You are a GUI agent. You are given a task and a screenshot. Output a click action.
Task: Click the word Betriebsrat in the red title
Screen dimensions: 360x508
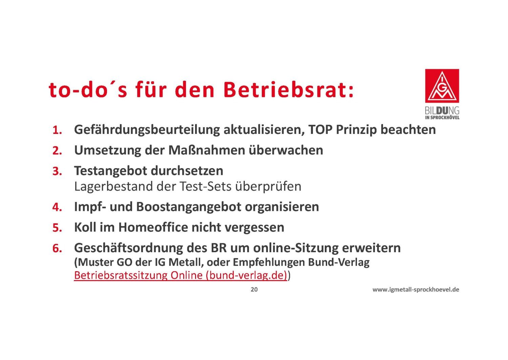click(x=288, y=89)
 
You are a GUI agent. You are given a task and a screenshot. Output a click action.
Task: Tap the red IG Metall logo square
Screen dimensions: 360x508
click(x=442, y=86)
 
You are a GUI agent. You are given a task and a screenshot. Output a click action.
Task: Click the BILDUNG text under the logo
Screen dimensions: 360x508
click(x=442, y=111)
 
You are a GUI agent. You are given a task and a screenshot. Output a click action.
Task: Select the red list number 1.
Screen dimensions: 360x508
click(x=57, y=130)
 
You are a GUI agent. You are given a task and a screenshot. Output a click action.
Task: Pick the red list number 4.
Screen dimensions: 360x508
click(x=57, y=207)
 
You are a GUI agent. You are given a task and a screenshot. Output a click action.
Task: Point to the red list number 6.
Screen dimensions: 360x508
click(x=57, y=248)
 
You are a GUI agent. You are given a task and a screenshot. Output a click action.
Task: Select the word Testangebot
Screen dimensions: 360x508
click(x=110, y=171)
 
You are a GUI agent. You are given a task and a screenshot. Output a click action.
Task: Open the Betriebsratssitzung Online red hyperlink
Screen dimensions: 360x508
click(x=181, y=275)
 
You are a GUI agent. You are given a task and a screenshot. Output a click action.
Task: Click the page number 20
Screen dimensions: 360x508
click(x=254, y=289)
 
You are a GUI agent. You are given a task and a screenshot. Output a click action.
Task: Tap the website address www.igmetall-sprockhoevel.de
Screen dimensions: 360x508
click(x=416, y=289)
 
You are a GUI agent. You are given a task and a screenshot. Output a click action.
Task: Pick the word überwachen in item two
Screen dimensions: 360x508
click(x=286, y=150)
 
